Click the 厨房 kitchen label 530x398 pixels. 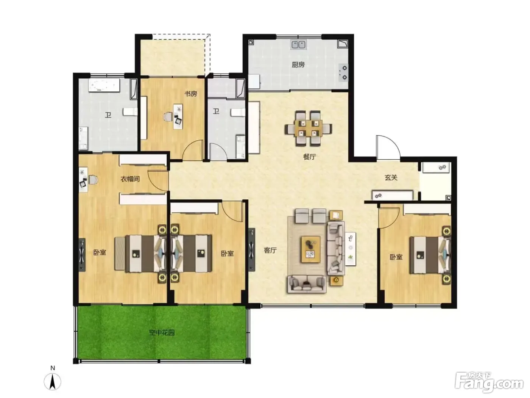298,65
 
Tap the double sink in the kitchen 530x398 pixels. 298,45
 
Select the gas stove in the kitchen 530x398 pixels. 343,72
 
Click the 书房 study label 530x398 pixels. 191,94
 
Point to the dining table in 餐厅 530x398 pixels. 308,128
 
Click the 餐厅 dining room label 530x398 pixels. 309,157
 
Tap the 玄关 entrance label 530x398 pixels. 391,178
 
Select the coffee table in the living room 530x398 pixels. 310,249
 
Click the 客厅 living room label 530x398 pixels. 270,250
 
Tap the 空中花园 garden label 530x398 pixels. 162,333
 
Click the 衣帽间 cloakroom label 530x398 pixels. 130,179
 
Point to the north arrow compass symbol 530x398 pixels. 52,381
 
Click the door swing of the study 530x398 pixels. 192,150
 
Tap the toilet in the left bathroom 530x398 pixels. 130,112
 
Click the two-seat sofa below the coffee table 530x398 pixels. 307,284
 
